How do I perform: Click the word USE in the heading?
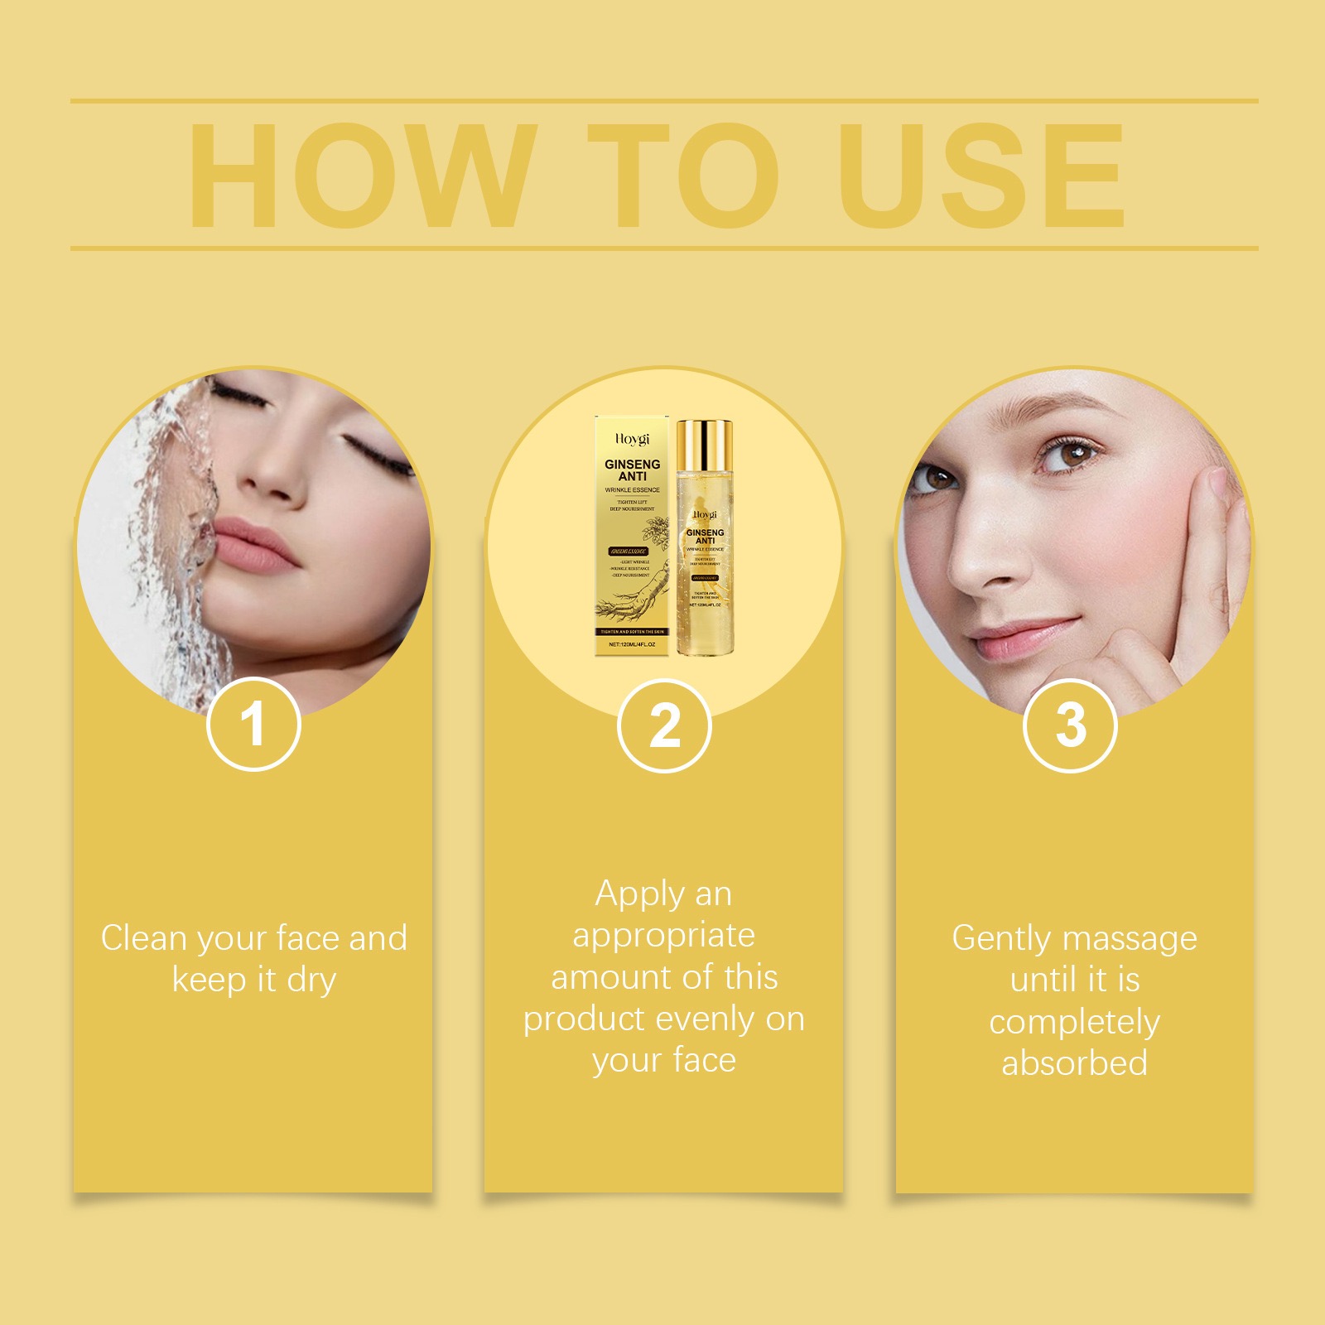pyautogui.click(x=981, y=176)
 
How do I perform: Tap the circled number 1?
pyautogui.click(x=253, y=725)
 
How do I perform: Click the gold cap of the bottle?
pyautogui.click(x=704, y=444)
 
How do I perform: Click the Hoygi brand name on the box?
pyautogui.click(x=632, y=439)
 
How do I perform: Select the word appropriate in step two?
pyautogui.click(x=663, y=936)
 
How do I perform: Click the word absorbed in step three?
pyautogui.click(x=1074, y=1063)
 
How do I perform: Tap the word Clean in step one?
pyautogui.click(x=143, y=938)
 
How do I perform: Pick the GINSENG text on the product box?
pyautogui.click(x=632, y=465)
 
